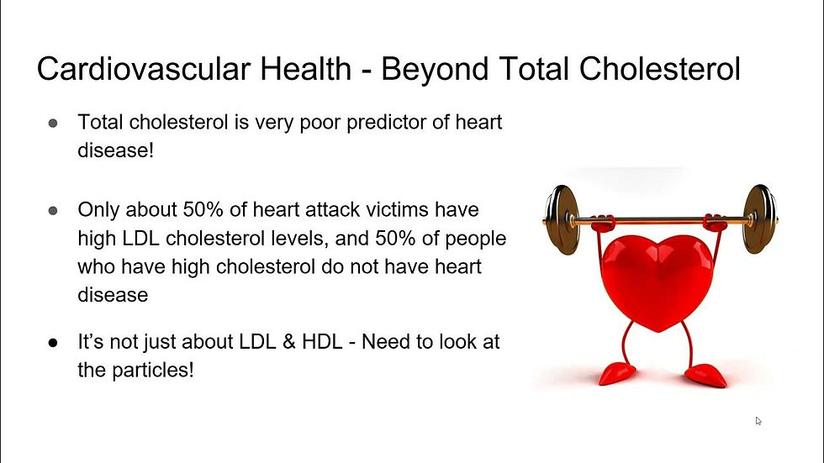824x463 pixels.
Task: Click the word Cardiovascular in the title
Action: click(x=142, y=69)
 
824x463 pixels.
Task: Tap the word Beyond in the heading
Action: click(x=435, y=70)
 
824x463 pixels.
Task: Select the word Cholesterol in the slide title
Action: click(x=659, y=69)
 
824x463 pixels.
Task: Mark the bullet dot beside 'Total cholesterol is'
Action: click(x=53, y=124)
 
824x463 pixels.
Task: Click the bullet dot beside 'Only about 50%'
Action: click(x=53, y=211)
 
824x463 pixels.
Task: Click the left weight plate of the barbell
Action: click(x=562, y=219)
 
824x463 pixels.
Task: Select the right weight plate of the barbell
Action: click(x=759, y=219)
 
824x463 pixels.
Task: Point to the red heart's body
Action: click(x=657, y=281)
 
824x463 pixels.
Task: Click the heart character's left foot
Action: click(x=617, y=373)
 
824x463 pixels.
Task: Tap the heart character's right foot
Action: click(x=705, y=376)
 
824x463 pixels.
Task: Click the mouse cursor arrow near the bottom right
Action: click(x=758, y=420)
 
